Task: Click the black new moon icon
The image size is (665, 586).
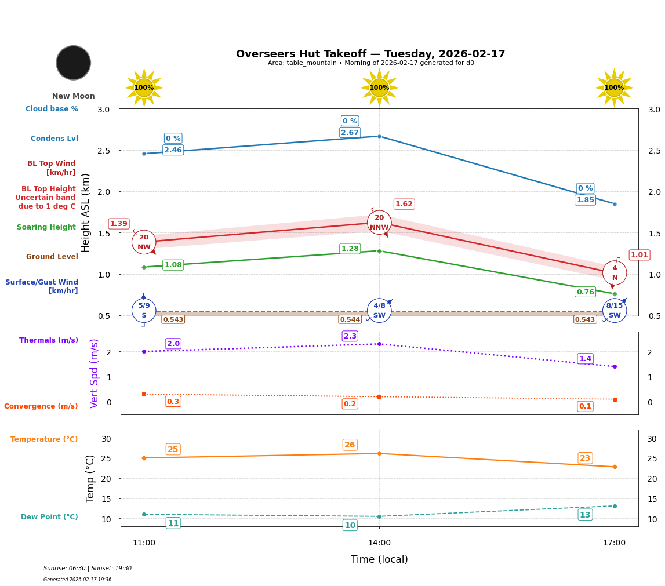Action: (x=74, y=63)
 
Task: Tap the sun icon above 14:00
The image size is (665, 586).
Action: (x=379, y=88)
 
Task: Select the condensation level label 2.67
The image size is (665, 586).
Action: (x=350, y=133)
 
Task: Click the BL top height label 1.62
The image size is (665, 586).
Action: (x=404, y=204)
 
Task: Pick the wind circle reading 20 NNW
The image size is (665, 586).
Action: (x=379, y=223)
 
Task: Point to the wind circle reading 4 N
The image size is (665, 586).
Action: (x=615, y=272)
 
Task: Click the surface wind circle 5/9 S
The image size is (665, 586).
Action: (x=144, y=310)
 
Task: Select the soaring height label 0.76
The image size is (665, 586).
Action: (x=585, y=292)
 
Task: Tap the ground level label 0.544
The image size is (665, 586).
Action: (x=350, y=319)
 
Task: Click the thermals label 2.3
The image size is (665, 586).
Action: (x=350, y=336)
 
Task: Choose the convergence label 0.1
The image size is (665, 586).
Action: (x=585, y=406)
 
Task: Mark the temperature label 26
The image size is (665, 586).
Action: (x=350, y=445)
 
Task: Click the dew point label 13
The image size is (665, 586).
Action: (x=585, y=515)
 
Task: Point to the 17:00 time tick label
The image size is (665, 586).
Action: (x=614, y=543)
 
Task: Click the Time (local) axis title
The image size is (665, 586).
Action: (x=379, y=559)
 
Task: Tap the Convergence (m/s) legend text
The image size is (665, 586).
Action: (x=41, y=406)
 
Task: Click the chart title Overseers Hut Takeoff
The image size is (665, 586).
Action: (x=370, y=54)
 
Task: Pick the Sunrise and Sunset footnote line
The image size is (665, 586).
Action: (x=88, y=569)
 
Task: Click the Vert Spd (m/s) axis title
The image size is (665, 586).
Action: (x=95, y=373)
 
